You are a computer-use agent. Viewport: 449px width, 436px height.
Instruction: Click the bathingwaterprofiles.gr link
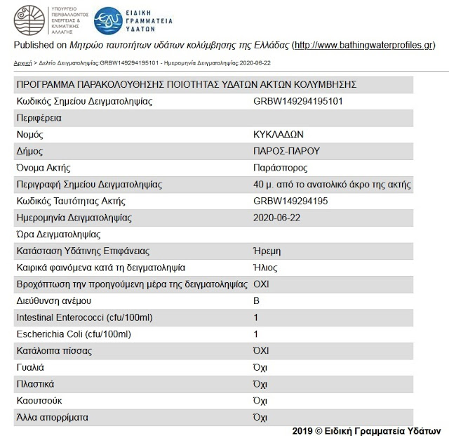(x=363, y=46)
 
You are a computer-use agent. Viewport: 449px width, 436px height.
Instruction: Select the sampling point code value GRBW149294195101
(x=297, y=101)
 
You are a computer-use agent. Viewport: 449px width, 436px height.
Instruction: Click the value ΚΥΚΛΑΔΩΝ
(x=279, y=134)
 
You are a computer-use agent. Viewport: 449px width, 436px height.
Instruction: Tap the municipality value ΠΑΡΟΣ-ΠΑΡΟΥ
(x=286, y=151)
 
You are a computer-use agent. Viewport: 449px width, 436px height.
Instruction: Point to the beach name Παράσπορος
(x=280, y=168)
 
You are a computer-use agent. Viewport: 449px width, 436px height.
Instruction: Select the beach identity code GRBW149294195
(x=291, y=202)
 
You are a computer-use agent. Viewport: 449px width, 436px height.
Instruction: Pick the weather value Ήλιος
(x=265, y=267)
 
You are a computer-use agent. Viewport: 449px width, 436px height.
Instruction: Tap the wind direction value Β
(x=256, y=300)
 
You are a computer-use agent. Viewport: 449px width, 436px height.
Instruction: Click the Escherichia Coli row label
(x=74, y=334)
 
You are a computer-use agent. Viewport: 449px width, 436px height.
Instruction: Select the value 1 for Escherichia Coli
(x=256, y=334)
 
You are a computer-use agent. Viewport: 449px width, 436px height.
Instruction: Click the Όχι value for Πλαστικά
(x=260, y=384)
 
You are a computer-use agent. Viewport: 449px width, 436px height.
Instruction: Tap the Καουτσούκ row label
(x=40, y=400)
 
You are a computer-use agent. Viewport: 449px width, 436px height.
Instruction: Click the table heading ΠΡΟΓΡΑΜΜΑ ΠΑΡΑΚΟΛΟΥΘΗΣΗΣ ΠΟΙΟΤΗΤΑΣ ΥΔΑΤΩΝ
(x=186, y=84)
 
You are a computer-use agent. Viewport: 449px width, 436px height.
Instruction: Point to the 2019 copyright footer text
(x=366, y=430)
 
